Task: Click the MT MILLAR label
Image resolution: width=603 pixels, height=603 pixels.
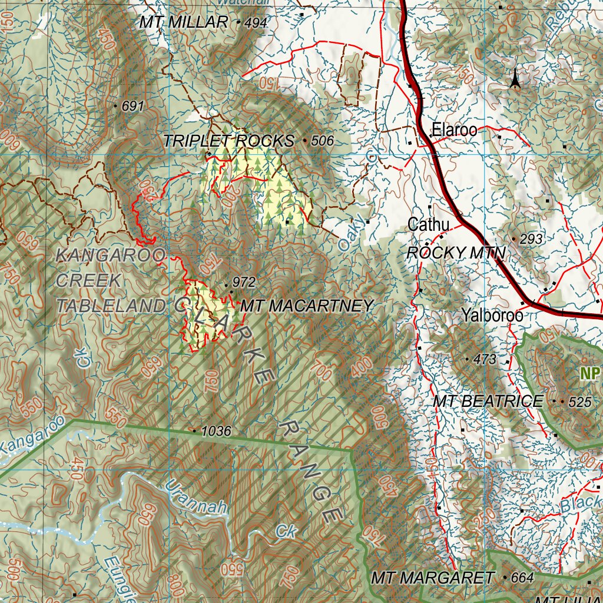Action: point(184,22)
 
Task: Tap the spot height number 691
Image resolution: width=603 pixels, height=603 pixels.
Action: point(133,107)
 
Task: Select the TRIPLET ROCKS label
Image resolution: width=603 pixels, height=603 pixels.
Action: point(228,141)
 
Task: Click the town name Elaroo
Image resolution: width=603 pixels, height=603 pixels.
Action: point(454,130)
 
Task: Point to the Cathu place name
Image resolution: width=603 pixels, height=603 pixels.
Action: point(429,224)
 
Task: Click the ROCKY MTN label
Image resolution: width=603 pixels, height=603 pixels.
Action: point(456,253)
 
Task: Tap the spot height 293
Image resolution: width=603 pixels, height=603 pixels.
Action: point(531,239)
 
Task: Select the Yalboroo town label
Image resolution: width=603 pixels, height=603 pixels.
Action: point(492,315)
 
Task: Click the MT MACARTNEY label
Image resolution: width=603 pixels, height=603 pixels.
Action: point(307,306)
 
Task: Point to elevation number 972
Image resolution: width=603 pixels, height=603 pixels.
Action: point(244,283)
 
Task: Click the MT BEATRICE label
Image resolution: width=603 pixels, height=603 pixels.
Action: point(488,402)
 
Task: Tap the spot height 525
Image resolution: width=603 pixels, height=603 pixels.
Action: point(579,402)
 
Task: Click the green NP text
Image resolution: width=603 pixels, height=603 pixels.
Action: point(589,374)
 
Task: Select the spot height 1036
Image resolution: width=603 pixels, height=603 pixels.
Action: point(216,431)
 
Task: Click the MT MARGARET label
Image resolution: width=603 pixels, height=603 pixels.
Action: point(432,578)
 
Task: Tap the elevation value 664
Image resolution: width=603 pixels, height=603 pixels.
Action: point(522,578)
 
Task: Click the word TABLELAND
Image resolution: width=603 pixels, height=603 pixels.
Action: point(111,306)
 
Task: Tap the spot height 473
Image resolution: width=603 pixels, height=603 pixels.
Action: point(485,359)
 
